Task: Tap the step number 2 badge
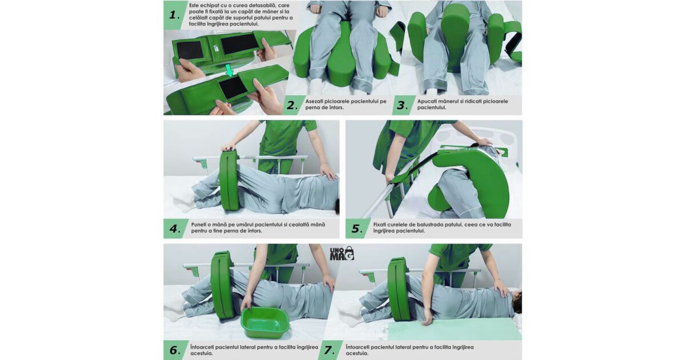pyautogui.click(x=292, y=105)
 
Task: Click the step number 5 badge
pyautogui.click(x=357, y=229)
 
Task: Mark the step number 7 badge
pyautogui.click(x=330, y=350)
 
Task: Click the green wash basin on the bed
pyautogui.click(x=265, y=322)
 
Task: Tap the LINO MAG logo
pyautogui.click(x=342, y=253)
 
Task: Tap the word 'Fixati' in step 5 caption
pyautogui.click(x=380, y=225)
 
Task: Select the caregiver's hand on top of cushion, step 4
pyautogui.click(x=230, y=148)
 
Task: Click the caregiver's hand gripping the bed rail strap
pyautogui.click(x=390, y=178)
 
